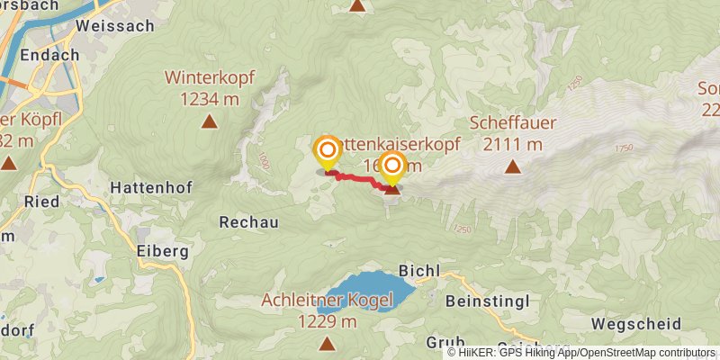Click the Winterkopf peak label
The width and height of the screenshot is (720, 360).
[211, 77]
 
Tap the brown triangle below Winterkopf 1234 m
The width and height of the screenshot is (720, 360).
[210, 121]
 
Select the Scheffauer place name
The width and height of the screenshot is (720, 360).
[513, 122]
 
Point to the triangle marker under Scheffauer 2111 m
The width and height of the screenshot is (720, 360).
[512, 166]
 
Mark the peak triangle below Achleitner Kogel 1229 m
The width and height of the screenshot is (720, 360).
[326, 342]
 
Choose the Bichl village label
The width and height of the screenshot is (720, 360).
[420, 270]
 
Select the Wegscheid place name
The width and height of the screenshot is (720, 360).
[630, 322]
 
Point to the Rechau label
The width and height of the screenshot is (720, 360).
[248, 221]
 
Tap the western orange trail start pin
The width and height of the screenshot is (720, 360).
[327, 151]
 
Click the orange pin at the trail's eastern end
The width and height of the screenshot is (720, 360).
[392, 166]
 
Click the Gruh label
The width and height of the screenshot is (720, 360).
[445, 342]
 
